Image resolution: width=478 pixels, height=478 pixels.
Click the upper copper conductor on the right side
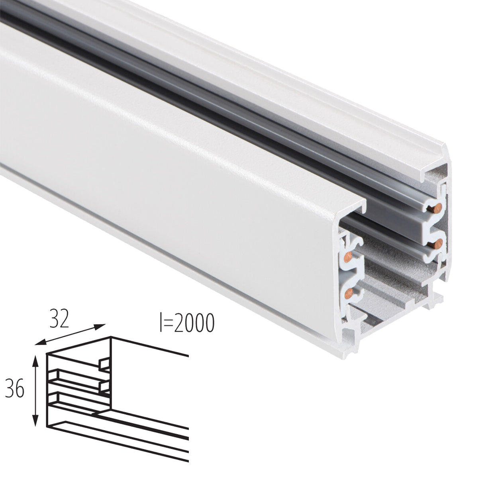[438, 207]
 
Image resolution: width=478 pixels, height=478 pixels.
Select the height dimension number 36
[15, 389]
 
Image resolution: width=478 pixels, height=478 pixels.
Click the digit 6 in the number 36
[20, 389]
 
